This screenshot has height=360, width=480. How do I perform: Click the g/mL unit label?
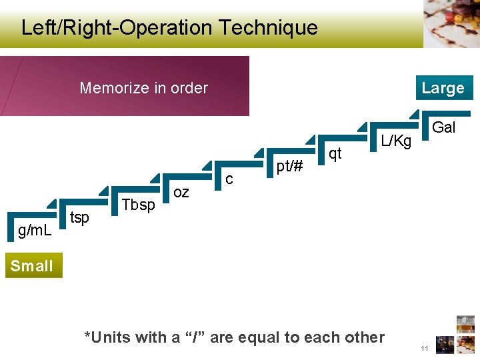point(35,231)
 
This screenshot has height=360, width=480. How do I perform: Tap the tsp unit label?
point(79,218)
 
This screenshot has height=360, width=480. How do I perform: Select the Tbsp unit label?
point(139,205)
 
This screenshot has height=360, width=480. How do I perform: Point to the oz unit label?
point(181,193)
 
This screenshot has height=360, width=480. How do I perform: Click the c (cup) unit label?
point(229,179)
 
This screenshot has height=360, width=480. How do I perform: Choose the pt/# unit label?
point(290,166)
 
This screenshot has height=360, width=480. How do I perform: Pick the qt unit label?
point(335,153)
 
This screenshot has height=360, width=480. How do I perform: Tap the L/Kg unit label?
point(396,141)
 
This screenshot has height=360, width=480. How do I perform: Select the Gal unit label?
point(444,127)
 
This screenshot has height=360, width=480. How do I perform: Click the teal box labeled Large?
point(443,88)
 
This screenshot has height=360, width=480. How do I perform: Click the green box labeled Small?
point(31,266)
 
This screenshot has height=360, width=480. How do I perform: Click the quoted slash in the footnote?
point(197,337)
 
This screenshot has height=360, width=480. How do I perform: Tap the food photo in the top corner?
point(451,23)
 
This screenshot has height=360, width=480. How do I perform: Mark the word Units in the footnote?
point(111,337)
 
